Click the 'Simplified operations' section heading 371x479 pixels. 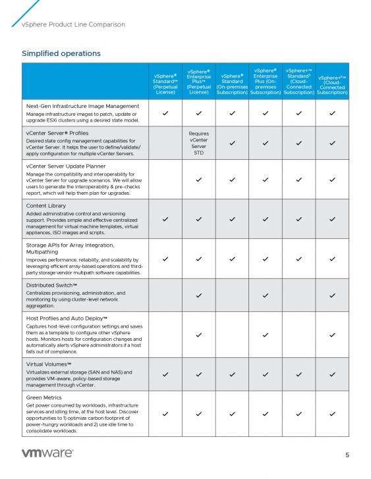point(61,53)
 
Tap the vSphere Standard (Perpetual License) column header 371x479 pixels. point(165,82)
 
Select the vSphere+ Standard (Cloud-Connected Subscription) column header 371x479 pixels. point(299,82)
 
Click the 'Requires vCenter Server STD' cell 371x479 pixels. point(198,143)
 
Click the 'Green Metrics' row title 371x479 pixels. point(44,397)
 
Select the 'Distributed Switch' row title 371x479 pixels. point(53,285)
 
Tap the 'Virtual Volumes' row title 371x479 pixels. point(49,364)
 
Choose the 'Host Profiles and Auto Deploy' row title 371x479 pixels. point(67,318)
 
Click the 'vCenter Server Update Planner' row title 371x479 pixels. point(71,167)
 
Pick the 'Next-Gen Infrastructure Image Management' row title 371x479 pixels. point(82,106)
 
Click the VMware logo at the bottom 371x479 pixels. point(47,453)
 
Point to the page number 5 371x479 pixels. point(347,455)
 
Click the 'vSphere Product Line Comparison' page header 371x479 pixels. point(73,24)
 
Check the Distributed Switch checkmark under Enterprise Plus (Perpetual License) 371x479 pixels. point(198,295)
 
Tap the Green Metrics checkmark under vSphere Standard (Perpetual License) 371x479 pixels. point(165,414)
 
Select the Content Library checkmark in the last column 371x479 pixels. point(332,218)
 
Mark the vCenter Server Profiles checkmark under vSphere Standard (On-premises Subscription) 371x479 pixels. point(232,143)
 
